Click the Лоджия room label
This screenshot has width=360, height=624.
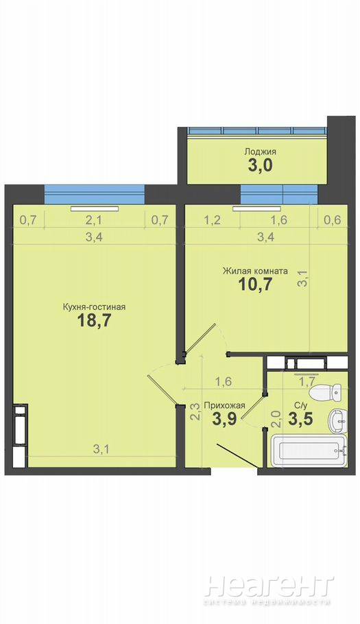(x=260, y=152)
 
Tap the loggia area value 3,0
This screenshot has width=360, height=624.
(x=260, y=165)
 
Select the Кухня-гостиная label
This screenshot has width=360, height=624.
(x=94, y=307)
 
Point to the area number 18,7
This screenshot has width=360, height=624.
(x=94, y=321)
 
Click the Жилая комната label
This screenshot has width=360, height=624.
(x=255, y=271)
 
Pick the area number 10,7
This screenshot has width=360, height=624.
(x=255, y=285)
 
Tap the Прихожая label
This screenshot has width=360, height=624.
(x=224, y=405)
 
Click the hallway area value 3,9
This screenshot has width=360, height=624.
(x=226, y=420)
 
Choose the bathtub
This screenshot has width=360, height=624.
(x=309, y=451)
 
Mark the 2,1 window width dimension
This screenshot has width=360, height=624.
(x=94, y=219)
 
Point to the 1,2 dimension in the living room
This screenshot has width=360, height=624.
(x=213, y=219)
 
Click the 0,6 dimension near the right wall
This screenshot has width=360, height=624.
(x=333, y=219)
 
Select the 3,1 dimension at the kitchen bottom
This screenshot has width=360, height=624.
(x=101, y=449)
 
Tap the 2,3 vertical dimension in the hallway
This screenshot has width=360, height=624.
(x=195, y=412)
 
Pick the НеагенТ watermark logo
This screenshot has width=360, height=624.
(x=269, y=590)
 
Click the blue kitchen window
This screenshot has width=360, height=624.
(x=94, y=194)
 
